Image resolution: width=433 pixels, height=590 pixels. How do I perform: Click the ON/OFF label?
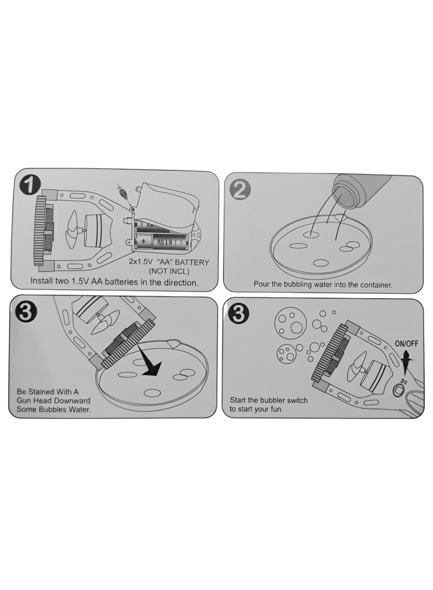click(x=406, y=343)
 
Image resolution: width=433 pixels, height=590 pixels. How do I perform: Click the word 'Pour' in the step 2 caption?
click(x=262, y=284)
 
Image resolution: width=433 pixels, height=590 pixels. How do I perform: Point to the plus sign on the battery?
click(x=143, y=240)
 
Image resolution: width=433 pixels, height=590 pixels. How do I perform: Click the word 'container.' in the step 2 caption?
click(x=373, y=284)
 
